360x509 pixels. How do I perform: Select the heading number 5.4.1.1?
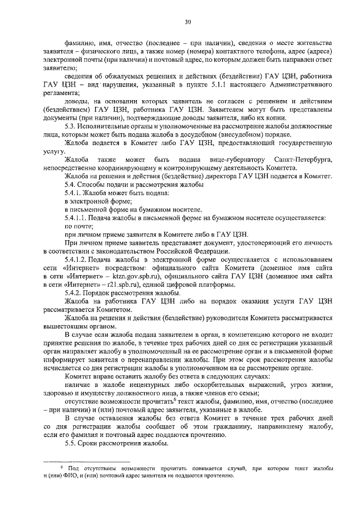[77, 217]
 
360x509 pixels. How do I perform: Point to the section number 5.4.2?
[74, 293]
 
